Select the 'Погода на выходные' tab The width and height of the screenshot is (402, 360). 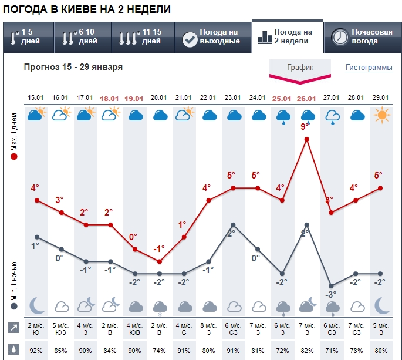tap(212, 36)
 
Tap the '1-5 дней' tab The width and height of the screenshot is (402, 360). tap(27, 36)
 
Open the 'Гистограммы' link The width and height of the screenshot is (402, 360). tap(369, 68)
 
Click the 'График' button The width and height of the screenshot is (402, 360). tap(300, 68)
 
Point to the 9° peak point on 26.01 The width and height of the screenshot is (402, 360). tap(307, 139)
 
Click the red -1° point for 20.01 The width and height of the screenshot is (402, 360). tap(160, 261)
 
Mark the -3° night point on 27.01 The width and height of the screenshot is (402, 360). tap(332, 285)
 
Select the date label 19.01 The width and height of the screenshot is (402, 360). tap(134, 97)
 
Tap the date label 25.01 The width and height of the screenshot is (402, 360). tap(282, 97)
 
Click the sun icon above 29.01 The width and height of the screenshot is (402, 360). tap(381, 115)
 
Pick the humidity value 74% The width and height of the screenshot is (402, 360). tap(160, 351)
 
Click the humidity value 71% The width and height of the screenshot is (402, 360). tap(332, 351)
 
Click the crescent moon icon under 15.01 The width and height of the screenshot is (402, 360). tap(36, 305)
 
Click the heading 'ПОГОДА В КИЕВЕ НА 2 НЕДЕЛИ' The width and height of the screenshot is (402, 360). tap(87, 9)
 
